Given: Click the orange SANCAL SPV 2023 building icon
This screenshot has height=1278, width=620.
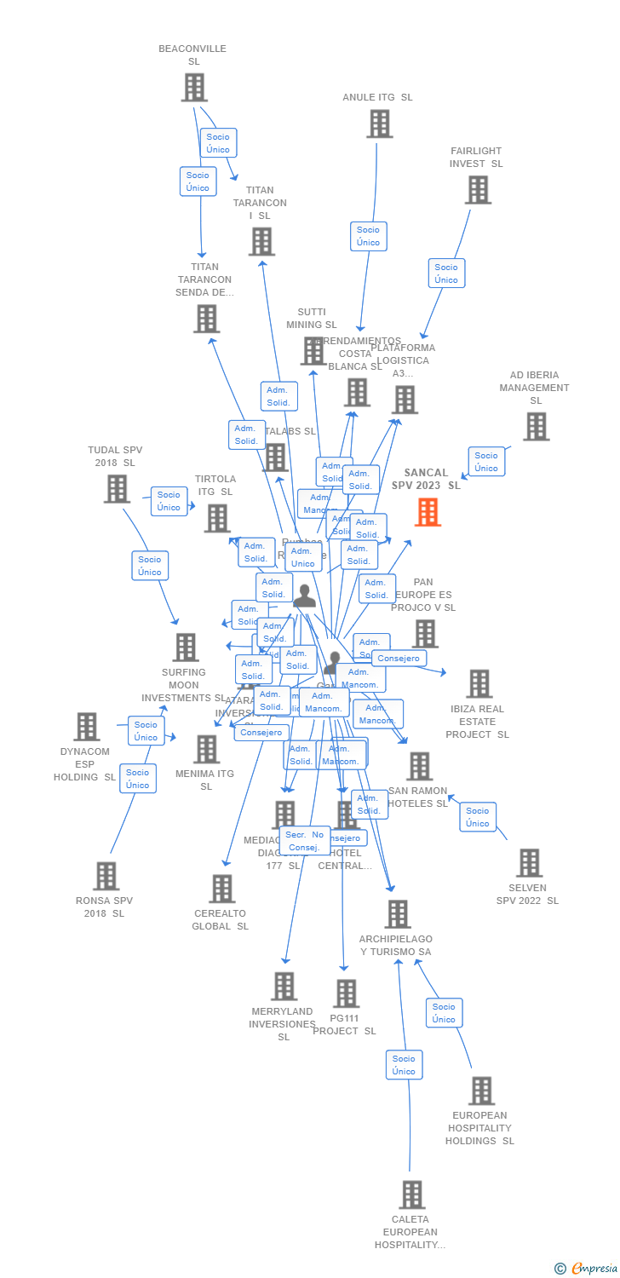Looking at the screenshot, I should pyautogui.click(x=428, y=512).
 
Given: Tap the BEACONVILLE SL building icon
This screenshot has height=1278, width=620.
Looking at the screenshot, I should pyautogui.click(x=194, y=87).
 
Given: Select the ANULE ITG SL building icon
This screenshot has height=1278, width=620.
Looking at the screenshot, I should pyautogui.click(x=379, y=124).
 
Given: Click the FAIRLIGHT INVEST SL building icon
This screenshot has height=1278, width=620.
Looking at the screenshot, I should pyautogui.click(x=478, y=190).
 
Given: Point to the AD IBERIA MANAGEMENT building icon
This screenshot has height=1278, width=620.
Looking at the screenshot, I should pyautogui.click(x=536, y=427).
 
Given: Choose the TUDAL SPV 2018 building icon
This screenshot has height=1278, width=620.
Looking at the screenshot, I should pyautogui.click(x=116, y=488).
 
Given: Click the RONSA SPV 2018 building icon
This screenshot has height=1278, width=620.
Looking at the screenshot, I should pyautogui.click(x=106, y=876).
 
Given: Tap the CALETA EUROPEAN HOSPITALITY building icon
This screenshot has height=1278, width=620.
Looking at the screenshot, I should pyautogui.click(x=412, y=1195).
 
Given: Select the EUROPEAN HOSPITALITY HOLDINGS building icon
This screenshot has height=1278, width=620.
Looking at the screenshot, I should pyautogui.click(x=481, y=1091).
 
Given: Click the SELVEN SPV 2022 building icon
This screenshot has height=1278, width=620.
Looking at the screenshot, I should pyautogui.click(x=529, y=863).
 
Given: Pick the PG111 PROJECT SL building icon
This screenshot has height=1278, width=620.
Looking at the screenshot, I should pyautogui.click(x=346, y=993).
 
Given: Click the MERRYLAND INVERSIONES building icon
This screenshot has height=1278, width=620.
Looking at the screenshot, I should pyautogui.click(x=284, y=987).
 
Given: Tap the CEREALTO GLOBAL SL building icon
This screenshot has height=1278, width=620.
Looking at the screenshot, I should pyautogui.click(x=221, y=889).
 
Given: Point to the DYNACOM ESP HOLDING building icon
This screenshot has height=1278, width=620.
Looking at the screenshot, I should pyautogui.click(x=87, y=727).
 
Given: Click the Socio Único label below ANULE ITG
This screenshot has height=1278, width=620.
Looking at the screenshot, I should pyautogui.click(x=368, y=236).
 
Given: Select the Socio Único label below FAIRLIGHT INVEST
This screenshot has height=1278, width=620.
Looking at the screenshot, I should pyautogui.click(x=446, y=273).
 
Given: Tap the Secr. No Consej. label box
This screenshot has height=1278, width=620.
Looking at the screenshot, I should pyautogui.click(x=303, y=841).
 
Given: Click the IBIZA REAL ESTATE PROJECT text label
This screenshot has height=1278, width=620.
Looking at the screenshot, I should pyautogui.click(x=477, y=722).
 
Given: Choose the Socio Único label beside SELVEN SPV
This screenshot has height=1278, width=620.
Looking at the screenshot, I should pyautogui.click(x=477, y=817).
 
